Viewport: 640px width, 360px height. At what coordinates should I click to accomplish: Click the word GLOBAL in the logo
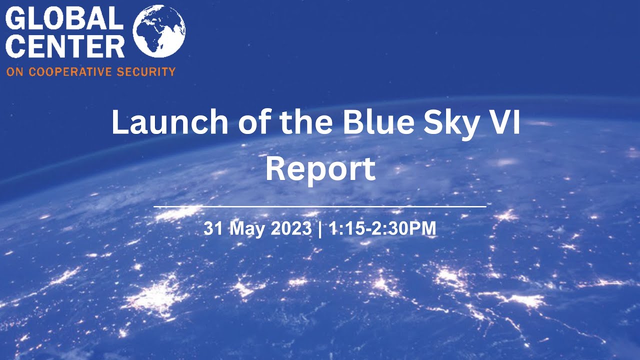coord(64,19)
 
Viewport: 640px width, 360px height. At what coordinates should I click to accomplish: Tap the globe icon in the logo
coord(159,31)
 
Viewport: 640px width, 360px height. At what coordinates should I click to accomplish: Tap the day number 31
coord(212,229)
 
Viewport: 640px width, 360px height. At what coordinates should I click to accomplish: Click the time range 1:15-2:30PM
coord(382,229)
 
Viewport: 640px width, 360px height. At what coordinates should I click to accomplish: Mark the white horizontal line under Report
coord(320,206)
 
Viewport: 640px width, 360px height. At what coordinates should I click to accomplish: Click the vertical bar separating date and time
coord(319,229)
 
